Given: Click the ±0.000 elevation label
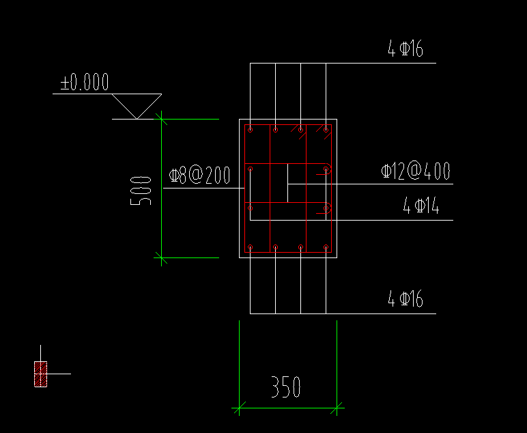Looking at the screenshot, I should pos(85,83).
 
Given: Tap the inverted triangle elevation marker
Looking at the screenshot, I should pos(137,106).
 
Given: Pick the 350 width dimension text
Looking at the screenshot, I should pos(286,387).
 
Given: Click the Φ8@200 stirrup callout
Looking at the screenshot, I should pos(199,176).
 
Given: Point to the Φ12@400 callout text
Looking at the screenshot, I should pos(416,171).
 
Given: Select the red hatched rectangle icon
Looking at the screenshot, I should pos(41,374).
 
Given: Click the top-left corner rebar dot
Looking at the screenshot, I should pos(251,129).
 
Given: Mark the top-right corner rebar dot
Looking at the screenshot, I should pos(326,129).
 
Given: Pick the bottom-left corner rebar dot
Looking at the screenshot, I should pos(251,247).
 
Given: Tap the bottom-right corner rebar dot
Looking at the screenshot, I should pos(326,247).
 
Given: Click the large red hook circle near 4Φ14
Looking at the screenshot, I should pos(327,209).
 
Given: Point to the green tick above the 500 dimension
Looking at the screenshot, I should pos(162,119).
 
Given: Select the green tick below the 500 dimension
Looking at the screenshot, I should pos(162,257).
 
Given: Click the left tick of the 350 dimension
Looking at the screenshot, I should pos(239,409).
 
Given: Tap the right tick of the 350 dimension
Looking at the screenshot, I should pos(337,409).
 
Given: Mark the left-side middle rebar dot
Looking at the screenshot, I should pos(251,207).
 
